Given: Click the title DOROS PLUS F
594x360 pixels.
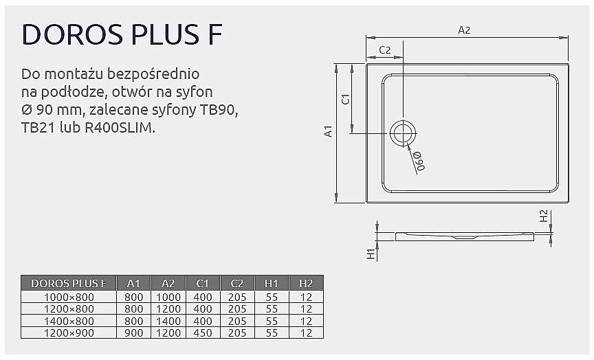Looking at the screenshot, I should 122,34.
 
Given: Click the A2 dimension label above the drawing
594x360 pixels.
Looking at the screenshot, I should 464,30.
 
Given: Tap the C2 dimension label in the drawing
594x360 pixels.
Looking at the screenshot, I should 385,49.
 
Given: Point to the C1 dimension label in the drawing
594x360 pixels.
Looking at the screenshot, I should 346,98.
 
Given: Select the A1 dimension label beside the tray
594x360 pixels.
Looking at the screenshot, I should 329,131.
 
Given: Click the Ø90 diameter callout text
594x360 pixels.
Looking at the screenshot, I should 419,159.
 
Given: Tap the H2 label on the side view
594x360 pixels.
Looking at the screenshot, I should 543,216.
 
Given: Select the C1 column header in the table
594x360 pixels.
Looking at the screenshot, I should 203,283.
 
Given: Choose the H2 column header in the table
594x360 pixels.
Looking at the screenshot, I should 306,283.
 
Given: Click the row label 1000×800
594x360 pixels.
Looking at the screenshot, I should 69,297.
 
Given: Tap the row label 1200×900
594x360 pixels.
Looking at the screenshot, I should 69,333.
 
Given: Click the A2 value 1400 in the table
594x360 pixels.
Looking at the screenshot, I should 168,321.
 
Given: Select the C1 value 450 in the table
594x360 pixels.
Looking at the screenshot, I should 203,333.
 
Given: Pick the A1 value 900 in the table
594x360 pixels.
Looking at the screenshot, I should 134,333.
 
